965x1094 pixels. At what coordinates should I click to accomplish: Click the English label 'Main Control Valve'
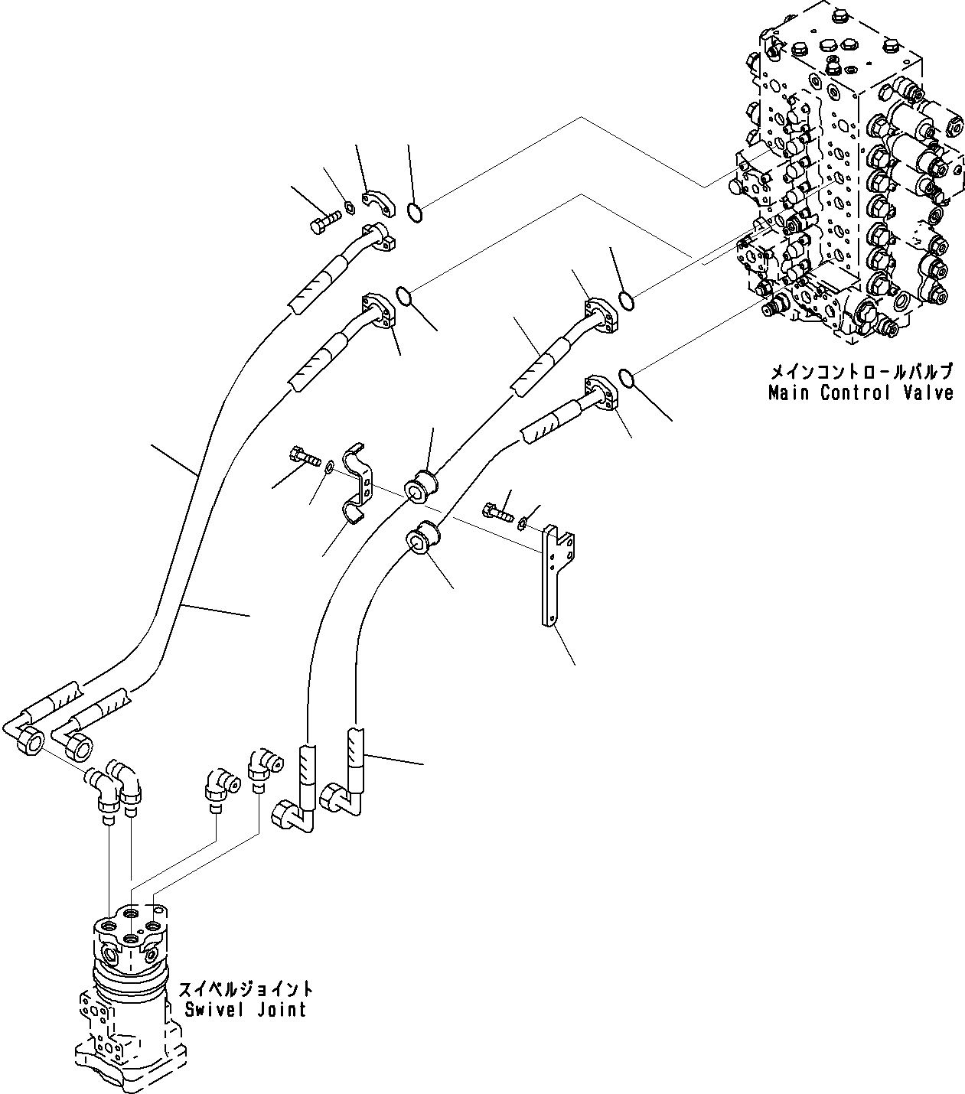[861, 393]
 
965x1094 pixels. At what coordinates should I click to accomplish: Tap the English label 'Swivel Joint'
[245, 1009]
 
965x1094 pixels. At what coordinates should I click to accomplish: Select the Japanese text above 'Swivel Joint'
[245, 989]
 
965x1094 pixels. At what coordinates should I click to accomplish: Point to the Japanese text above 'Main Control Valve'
[861, 373]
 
